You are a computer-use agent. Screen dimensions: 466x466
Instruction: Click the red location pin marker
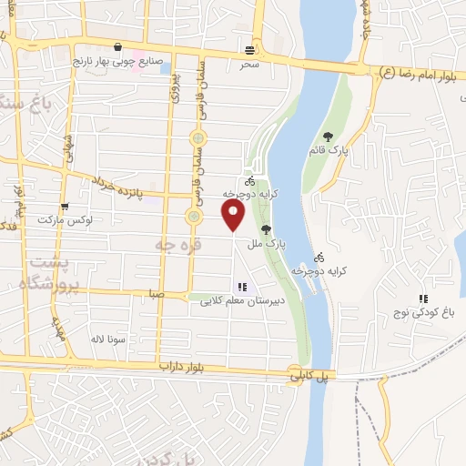point(234,216)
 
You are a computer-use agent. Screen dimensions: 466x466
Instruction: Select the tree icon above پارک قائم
point(340,137)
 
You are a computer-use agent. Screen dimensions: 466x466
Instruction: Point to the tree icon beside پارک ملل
point(266,230)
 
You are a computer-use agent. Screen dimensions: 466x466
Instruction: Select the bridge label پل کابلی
point(308,374)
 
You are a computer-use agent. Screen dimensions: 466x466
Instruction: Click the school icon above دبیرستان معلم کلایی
point(241,286)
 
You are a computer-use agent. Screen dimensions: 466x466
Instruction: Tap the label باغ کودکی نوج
point(422,313)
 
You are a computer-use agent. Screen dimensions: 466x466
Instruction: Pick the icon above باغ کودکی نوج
point(422,299)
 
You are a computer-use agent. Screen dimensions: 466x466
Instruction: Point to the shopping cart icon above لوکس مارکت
point(64,207)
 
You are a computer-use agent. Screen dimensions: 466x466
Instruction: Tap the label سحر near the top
point(250,65)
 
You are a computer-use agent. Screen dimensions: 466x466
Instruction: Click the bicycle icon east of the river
point(319,258)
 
